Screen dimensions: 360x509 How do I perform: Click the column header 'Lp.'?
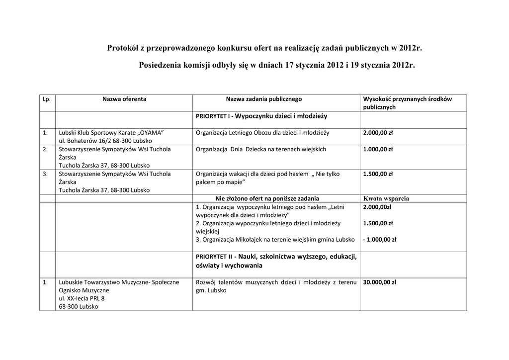click(47, 99)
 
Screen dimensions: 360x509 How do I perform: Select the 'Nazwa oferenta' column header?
click(124, 99)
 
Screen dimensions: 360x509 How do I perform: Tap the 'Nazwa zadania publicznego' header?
click(263, 99)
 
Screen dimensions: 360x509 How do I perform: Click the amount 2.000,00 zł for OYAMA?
click(378, 133)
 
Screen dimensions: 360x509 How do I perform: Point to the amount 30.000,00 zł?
click(380, 282)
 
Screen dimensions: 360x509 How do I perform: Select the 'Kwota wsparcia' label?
click(386, 198)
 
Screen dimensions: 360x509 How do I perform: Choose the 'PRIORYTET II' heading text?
click(214, 257)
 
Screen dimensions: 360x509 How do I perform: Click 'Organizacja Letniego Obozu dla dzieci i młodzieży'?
click(262, 133)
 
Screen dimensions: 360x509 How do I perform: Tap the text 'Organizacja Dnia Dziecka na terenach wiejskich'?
click(261, 149)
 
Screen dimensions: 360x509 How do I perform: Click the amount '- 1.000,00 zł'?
click(380, 239)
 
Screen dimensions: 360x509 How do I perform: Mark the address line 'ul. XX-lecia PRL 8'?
click(82, 298)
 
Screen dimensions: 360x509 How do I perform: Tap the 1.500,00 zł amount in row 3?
click(378, 174)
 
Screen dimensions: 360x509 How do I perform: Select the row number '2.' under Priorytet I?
click(45, 149)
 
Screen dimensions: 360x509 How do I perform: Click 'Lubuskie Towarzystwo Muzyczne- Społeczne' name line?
click(119, 282)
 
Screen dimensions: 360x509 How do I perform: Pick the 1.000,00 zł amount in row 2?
click(378, 149)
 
